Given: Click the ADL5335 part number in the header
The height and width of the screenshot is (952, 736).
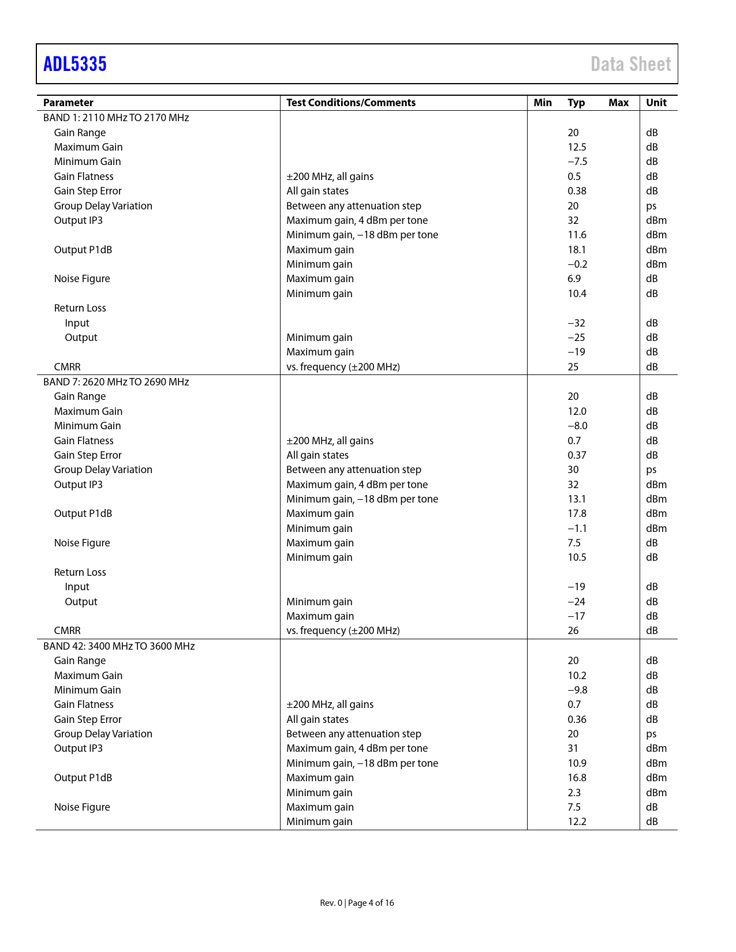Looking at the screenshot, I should [75, 64].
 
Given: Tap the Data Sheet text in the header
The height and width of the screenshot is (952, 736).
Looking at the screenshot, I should [630, 64].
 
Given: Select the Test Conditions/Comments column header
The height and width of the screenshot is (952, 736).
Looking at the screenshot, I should [351, 103].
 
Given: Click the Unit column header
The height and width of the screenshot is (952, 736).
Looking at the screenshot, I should [656, 103].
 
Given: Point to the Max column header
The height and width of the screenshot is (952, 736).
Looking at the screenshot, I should [618, 103].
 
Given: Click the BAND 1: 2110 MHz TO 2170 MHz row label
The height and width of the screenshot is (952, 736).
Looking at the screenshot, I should [116, 118].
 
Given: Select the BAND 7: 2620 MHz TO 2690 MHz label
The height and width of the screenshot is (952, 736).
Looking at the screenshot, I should [116, 382].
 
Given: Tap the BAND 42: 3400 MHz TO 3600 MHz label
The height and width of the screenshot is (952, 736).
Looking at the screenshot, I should [119, 646].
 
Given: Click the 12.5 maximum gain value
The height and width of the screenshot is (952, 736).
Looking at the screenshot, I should [577, 147].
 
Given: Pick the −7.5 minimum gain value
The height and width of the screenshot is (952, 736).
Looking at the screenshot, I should [577, 162].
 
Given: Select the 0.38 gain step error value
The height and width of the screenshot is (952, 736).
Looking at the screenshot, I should [577, 191].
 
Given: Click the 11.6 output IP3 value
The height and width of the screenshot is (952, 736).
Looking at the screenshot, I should [577, 235].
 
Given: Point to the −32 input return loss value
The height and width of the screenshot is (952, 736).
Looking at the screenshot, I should [576, 323].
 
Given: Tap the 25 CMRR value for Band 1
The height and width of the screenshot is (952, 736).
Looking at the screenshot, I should [573, 367].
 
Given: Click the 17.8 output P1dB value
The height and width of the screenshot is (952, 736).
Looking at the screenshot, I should [577, 514].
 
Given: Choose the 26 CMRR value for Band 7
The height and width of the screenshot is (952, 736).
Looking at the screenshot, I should [573, 631].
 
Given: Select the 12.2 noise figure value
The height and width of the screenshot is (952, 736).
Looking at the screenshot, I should [577, 822].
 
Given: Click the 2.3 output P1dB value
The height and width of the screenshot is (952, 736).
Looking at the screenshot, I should [574, 793].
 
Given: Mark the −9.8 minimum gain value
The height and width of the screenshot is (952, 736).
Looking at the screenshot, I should [577, 690].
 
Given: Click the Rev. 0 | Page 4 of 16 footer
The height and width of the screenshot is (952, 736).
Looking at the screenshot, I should [357, 903].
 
